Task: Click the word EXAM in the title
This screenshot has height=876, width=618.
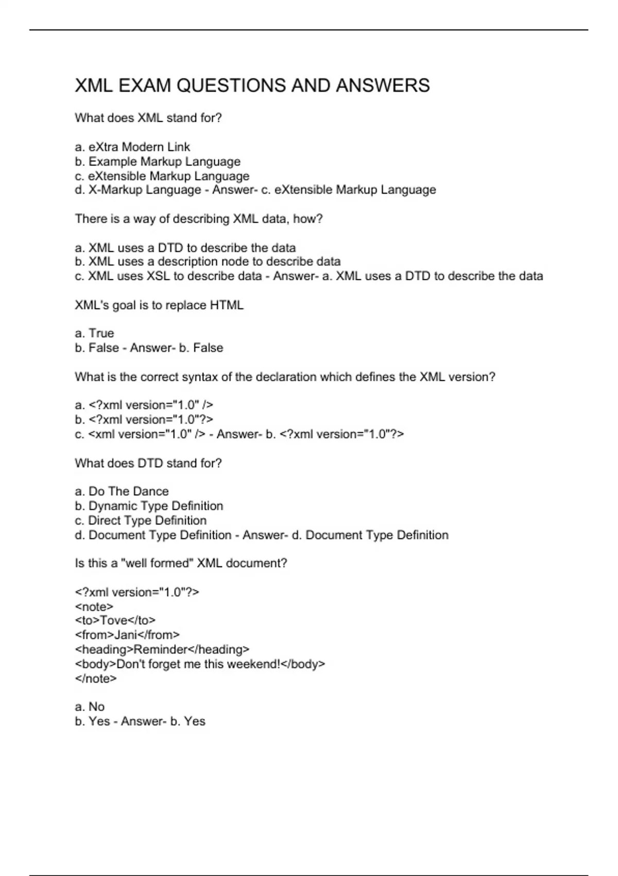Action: click(x=145, y=86)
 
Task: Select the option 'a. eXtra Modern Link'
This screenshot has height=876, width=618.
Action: click(x=132, y=147)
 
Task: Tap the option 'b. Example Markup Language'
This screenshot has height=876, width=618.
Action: click(x=158, y=162)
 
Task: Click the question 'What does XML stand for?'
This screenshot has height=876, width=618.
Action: click(x=148, y=118)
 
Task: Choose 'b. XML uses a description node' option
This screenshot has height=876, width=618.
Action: click(x=208, y=262)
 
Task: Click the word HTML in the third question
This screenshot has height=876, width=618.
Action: click(x=227, y=305)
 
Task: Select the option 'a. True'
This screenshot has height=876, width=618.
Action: click(x=94, y=333)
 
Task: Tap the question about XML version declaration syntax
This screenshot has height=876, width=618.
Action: click(x=285, y=377)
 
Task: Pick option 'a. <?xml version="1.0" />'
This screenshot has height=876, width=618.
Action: click(x=144, y=405)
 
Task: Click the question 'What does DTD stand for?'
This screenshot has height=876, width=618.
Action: click(x=148, y=463)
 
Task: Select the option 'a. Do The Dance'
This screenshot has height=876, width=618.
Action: click(x=122, y=492)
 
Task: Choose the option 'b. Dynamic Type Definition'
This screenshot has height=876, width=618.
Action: click(x=149, y=506)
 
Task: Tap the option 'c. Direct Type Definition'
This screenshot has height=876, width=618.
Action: click(x=141, y=520)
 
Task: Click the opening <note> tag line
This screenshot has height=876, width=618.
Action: click(x=94, y=607)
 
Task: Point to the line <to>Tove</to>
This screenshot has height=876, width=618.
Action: click(x=115, y=620)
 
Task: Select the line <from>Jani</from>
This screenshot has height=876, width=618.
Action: click(x=127, y=635)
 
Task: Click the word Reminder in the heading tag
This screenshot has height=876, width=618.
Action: click(x=160, y=649)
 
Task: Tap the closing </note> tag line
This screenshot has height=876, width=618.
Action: click(x=96, y=679)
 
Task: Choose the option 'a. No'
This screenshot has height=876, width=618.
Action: click(x=90, y=707)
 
